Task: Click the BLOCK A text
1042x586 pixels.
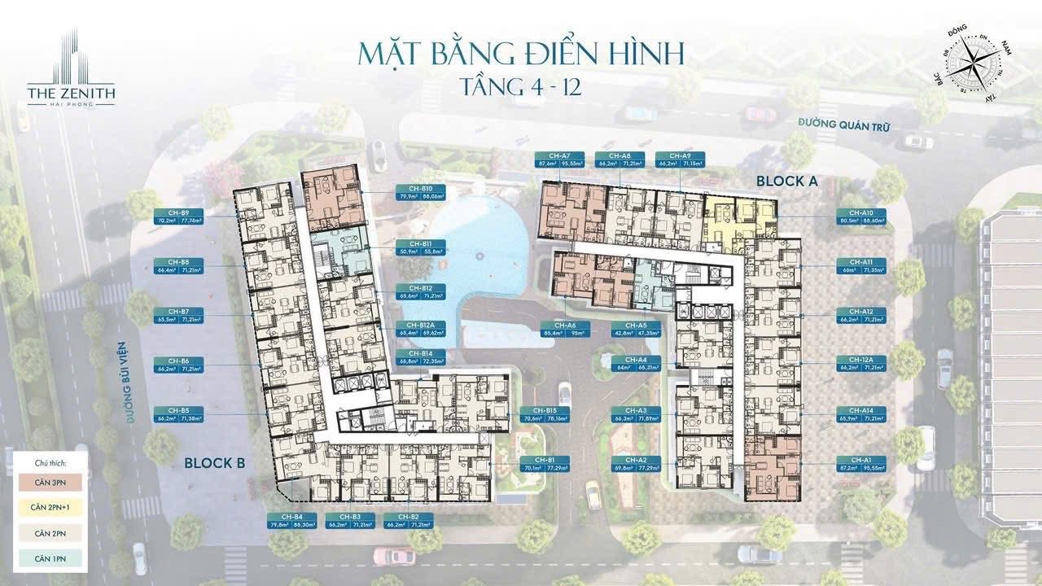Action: pos(786,181)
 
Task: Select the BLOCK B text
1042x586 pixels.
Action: pos(215,463)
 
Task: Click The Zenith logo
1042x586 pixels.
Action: pos(71,69)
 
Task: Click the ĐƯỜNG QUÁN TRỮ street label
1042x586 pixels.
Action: pos(843,126)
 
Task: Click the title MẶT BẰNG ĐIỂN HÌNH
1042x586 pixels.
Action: pos(521,54)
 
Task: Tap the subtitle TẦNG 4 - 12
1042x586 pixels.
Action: pos(520,87)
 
